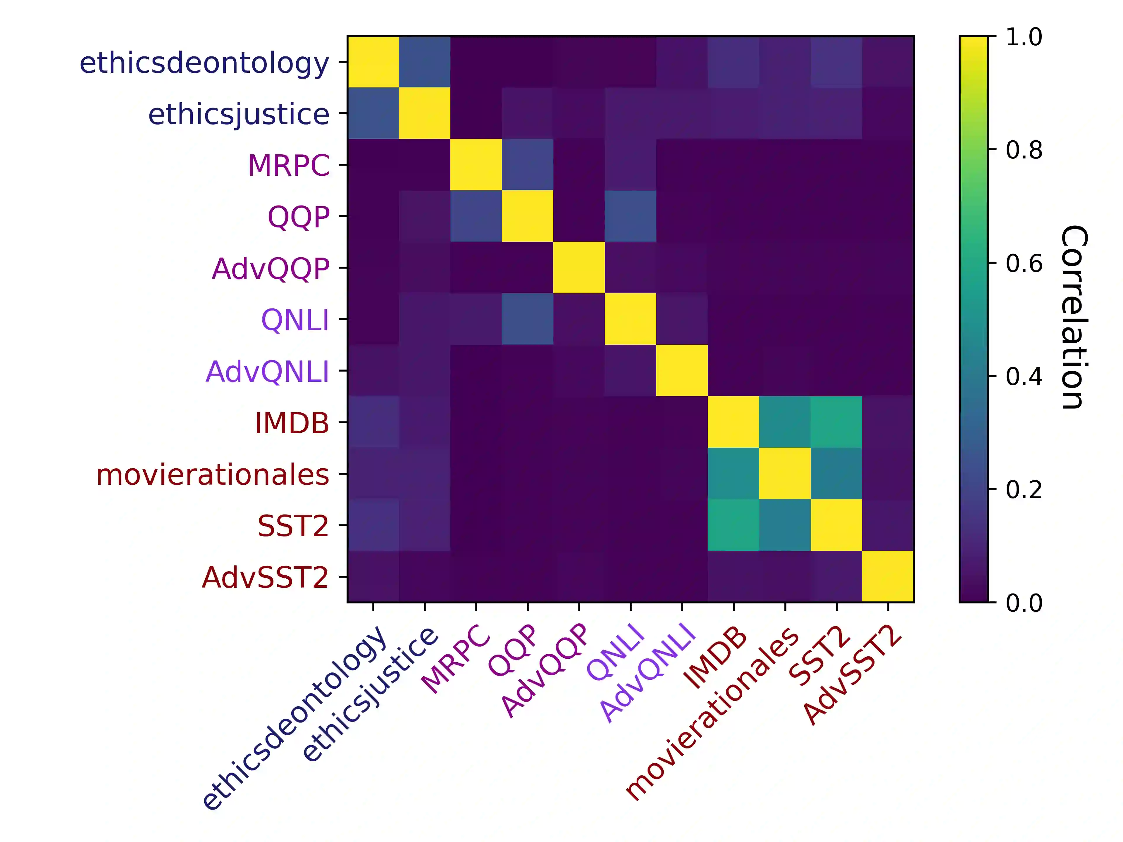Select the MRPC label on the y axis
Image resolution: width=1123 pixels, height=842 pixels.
tap(288, 165)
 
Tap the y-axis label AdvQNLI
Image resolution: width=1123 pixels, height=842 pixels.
tap(267, 372)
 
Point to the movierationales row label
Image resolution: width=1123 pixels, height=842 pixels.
tap(213, 475)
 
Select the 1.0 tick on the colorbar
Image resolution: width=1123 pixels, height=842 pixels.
tap(1024, 37)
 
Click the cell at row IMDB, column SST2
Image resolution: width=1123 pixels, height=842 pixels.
tap(836, 422)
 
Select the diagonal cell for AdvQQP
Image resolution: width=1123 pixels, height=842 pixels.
tap(579, 268)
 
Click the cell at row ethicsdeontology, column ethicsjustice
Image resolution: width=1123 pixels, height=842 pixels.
tap(424, 62)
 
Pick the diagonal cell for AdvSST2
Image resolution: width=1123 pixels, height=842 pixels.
tap(888, 577)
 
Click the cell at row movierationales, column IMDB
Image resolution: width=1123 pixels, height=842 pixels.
tap(733, 474)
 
